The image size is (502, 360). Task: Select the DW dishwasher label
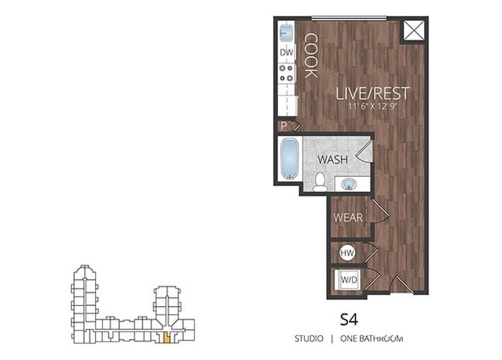tap(287, 53)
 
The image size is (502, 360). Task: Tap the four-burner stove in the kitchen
tap(287, 74)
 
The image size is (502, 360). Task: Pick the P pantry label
tap(283, 124)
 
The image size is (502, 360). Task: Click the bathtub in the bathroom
tap(289, 159)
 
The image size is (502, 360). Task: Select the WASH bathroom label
tap(333, 159)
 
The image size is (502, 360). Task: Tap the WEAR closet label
tap(348, 218)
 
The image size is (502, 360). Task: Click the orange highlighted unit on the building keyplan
tap(165, 338)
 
